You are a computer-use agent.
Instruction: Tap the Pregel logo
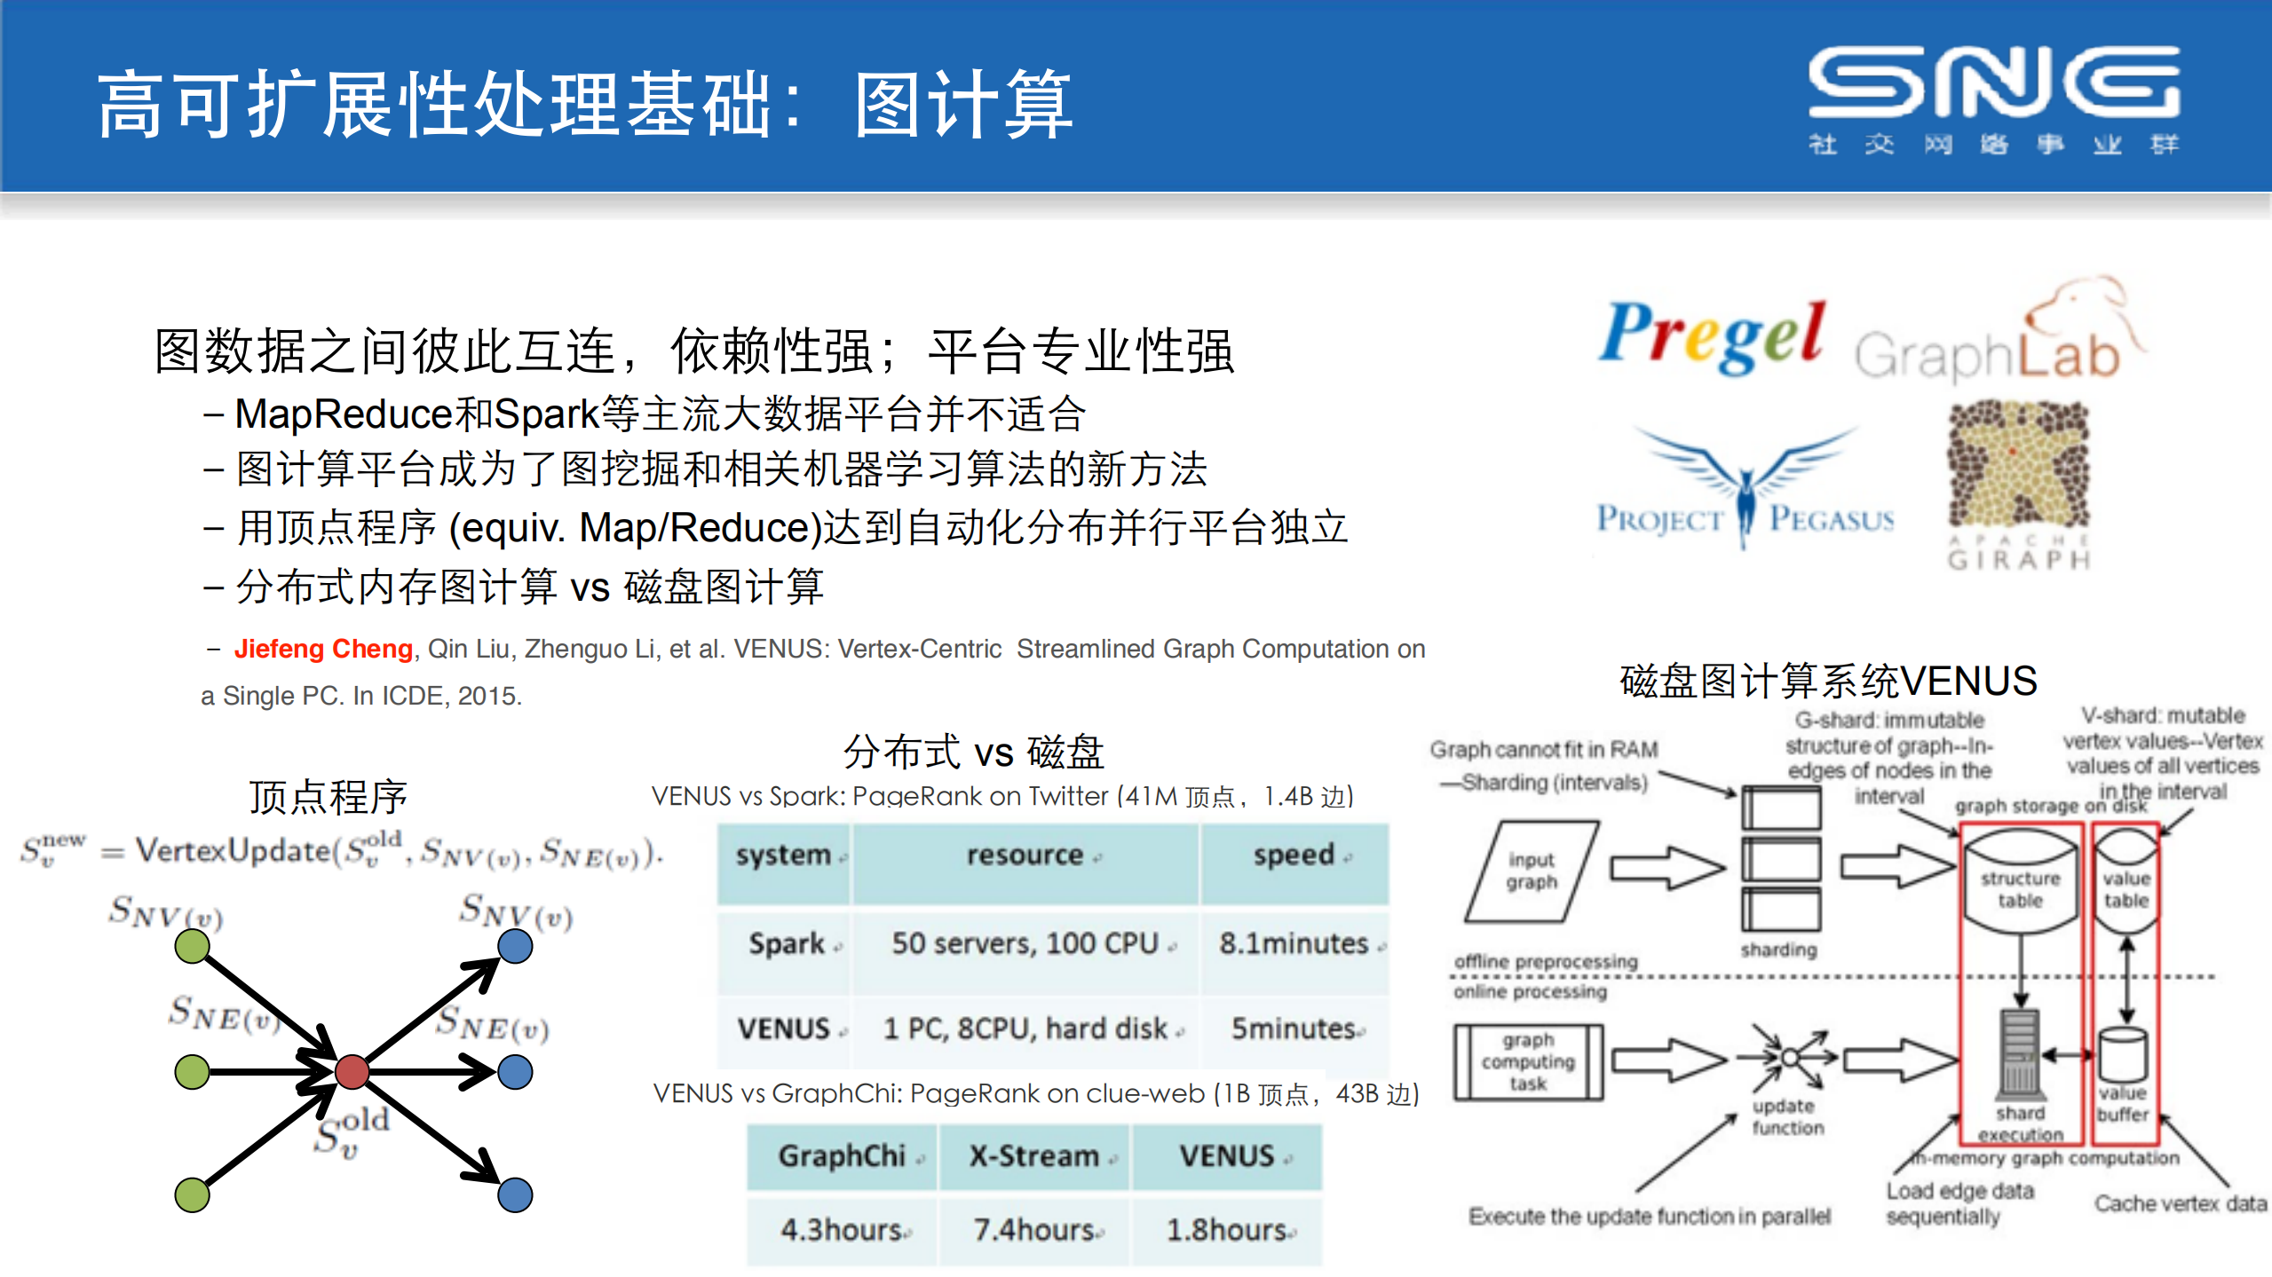pyautogui.click(x=1712, y=338)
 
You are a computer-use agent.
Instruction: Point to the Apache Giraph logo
pyautogui.click(x=2018, y=484)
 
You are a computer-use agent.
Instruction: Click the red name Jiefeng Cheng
pyautogui.click(x=323, y=649)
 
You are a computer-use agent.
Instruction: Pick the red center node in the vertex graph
pyautogui.click(x=352, y=1071)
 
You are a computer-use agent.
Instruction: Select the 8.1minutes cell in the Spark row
pyautogui.click(x=1294, y=943)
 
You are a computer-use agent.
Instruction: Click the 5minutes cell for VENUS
pyautogui.click(x=1294, y=1029)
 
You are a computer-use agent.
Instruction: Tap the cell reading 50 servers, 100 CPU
pyautogui.click(x=1025, y=943)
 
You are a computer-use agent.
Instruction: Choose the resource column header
pyautogui.click(x=1025, y=855)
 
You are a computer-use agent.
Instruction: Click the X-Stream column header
pyautogui.click(x=1034, y=1155)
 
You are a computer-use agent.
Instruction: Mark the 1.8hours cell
pyautogui.click(x=1227, y=1230)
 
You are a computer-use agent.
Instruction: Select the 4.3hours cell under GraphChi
pyautogui.click(x=842, y=1230)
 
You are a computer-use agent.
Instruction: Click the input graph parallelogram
pyautogui.click(x=1532, y=871)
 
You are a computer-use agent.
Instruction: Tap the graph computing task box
pyautogui.click(x=1528, y=1061)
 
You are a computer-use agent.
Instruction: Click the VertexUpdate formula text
pyautogui.click(x=342, y=852)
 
